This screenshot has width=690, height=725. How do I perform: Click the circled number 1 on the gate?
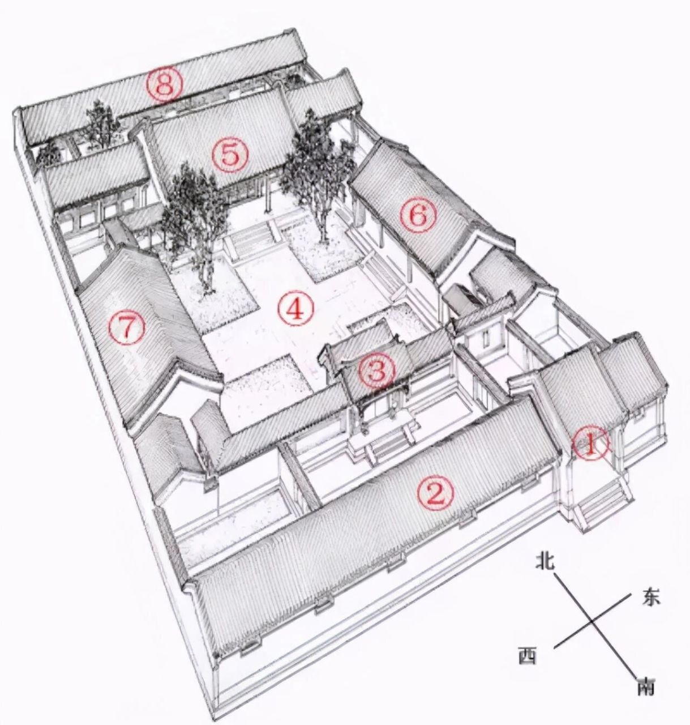coord(590,445)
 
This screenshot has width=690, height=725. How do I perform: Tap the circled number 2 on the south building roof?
coord(435,493)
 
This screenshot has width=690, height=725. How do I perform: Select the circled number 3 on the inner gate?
coord(377,372)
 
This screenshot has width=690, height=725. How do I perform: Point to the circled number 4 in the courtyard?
coord(295,309)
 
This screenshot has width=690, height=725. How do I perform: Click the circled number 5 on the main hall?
coord(230,155)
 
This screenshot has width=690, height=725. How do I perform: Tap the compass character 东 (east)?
coord(650,598)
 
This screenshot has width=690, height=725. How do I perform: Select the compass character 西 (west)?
coord(528,656)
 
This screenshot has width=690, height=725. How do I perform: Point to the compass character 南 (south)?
coord(645,686)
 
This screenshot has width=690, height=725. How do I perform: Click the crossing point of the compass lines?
coord(592,622)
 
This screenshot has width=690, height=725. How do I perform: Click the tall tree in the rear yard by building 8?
coord(101,122)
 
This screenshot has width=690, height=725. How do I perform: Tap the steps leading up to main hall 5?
coord(248,238)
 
